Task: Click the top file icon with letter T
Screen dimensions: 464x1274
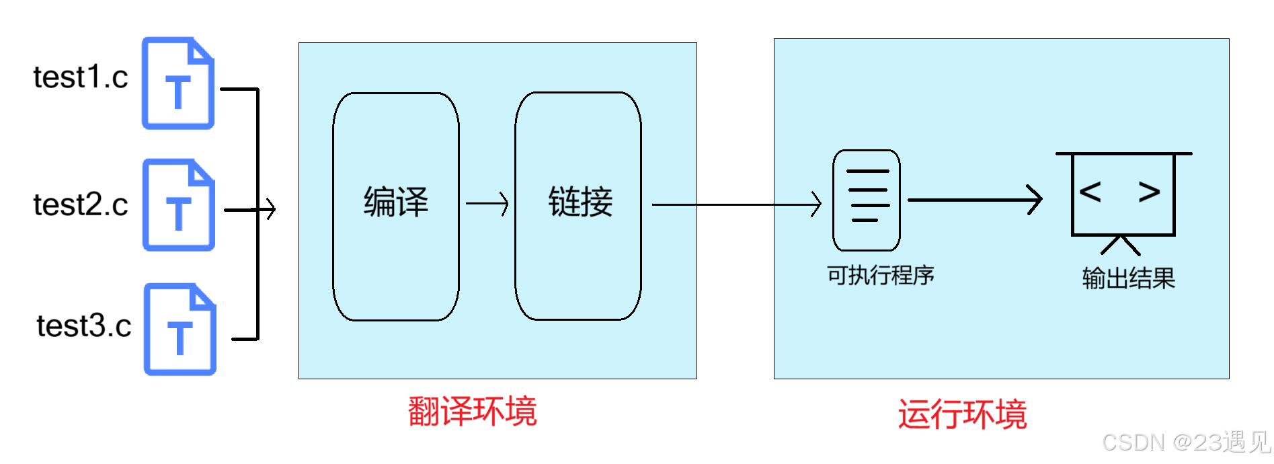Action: tap(178, 83)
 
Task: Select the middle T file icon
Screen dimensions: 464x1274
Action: tap(179, 205)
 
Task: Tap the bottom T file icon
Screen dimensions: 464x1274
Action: tap(180, 330)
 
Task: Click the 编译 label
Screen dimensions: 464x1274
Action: tap(396, 202)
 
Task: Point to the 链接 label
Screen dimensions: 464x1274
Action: tap(580, 202)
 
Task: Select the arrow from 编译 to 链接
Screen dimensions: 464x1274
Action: tap(487, 204)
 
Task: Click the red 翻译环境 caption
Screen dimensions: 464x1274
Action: tap(473, 412)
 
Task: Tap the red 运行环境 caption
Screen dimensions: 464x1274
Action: tap(963, 414)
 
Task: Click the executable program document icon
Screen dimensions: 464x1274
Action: tap(866, 200)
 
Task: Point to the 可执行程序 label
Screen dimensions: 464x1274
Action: tap(881, 275)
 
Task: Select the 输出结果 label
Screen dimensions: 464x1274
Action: tap(1128, 278)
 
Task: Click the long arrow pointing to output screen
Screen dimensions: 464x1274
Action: tap(975, 200)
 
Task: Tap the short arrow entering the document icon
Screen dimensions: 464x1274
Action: tap(798, 204)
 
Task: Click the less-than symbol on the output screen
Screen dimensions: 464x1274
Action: tap(1090, 192)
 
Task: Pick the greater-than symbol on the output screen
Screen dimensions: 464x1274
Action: tap(1149, 192)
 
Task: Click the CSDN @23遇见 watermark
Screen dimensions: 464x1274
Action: tap(1185, 442)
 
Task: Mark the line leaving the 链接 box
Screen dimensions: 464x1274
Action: tap(674, 204)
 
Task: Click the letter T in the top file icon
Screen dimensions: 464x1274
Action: tap(178, 92)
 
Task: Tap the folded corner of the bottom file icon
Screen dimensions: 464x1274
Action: tap(204, 297)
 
